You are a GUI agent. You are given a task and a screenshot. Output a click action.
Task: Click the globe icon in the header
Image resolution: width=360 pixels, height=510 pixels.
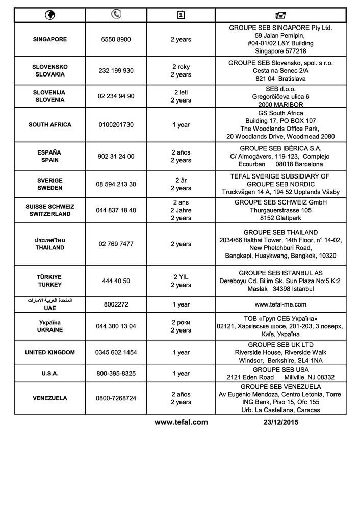50,15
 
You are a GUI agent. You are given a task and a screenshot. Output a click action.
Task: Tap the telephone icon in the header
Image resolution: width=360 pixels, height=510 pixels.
116,15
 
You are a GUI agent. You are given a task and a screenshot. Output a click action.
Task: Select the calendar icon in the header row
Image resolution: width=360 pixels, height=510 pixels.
181,15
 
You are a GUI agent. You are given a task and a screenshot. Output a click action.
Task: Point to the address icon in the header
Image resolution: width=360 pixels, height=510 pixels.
280,15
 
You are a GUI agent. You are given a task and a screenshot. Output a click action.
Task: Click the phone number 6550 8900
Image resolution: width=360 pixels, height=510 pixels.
116,39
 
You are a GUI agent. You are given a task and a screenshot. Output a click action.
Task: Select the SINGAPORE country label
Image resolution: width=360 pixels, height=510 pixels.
50,39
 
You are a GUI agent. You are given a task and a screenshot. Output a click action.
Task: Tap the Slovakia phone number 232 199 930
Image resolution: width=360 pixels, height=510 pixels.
116,71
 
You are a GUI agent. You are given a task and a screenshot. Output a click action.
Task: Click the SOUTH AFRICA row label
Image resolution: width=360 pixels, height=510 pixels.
50,125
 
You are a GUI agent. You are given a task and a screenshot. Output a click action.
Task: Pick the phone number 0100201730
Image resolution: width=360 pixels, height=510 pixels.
116,125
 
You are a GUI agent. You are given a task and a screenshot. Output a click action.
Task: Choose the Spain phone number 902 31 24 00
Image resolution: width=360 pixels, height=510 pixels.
116,157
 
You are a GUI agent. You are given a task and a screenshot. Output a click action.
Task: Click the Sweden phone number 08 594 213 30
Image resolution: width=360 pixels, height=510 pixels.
116,184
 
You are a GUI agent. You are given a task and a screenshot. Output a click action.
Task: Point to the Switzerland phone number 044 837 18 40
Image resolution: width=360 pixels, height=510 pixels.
116,210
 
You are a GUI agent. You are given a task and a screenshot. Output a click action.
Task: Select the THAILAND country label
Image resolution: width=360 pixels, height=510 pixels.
50,247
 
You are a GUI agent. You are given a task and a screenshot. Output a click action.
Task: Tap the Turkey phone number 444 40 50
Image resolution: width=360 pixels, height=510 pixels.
116,281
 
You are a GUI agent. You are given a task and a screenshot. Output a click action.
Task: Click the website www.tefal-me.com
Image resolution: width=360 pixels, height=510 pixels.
280,304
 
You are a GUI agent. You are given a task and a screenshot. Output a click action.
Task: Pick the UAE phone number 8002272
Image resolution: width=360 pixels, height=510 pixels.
116,304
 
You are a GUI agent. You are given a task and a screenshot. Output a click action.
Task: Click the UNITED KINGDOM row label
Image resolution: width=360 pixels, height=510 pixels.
50,352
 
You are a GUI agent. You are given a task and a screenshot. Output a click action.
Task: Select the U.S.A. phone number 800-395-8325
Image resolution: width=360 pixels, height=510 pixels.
116,374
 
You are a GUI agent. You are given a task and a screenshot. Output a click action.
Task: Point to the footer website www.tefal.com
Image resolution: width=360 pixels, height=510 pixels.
181,422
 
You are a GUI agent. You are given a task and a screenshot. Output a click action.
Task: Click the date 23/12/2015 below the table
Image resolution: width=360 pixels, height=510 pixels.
281,422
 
